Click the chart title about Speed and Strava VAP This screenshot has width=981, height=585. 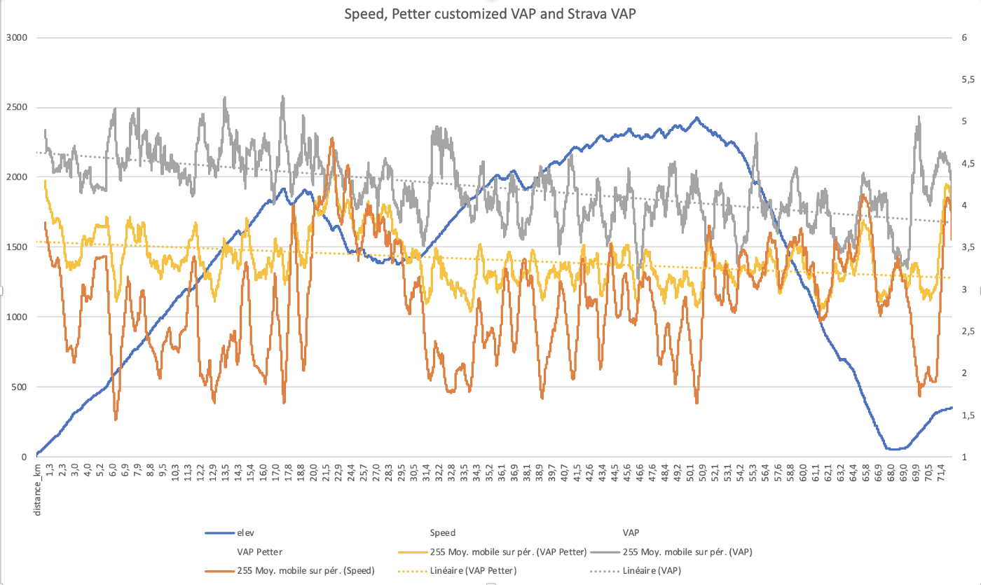[x=490, y=14]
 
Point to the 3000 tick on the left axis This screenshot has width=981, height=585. [x=17, y=38]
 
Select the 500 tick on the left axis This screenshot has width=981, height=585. [x=20, y=387]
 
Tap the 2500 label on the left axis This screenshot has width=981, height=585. [x=17, y=107]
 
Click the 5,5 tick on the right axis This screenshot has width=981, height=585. [x=968, y=80]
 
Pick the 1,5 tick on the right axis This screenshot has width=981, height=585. [x=968, y=415]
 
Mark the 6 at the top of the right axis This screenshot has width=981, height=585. [x=964, y=38]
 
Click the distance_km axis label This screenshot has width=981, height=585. [x=38, y=490]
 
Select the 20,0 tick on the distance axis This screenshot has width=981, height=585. [x=313, y=473]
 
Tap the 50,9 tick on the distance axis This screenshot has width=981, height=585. [x=702, y=473]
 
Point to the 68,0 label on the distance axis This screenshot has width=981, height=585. [x=891, y=473]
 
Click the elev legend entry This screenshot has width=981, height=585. [x=230, y=533]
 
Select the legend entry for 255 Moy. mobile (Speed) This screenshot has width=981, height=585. [x=289, y=571]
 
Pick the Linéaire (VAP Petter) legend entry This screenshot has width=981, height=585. [x=457, y=571]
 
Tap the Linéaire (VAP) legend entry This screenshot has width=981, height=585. [x=636, y=571]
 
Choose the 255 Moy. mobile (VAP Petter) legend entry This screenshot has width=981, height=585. [x=492, y=552]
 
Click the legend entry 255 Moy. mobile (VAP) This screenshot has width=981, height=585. [x=671, y=552]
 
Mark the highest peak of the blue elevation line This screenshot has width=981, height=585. [x=697, y=118]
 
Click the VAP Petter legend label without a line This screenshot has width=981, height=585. [x=260, y=552]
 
